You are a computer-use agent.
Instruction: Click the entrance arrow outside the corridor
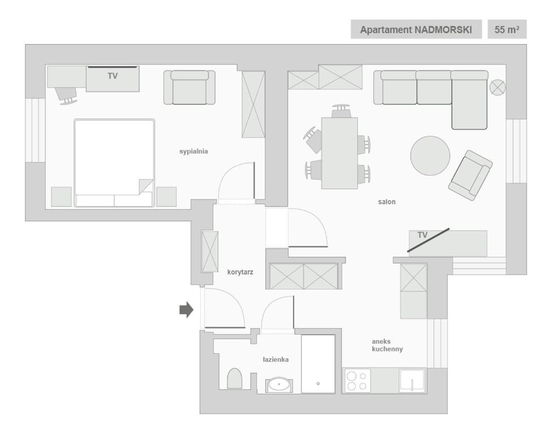[187, 310]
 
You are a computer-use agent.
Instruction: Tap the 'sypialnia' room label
[193, 151]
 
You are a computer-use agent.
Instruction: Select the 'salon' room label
[386, 202]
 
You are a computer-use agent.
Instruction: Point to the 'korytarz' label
[240, 272]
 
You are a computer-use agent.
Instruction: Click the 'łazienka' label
[275, 359]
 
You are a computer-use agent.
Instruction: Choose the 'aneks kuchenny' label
[387, 345]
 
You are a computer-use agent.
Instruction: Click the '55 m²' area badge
[507, 29]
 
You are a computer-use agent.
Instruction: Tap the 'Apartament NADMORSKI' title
[416, 29]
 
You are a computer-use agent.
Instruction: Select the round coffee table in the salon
[430, 155]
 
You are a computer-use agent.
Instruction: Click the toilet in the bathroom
[235, 379]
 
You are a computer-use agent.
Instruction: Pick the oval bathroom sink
[279, 385]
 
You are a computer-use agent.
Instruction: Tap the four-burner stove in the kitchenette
[357, 381]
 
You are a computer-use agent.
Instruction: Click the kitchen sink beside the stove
[412, 381]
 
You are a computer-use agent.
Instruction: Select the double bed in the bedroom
[114, 163]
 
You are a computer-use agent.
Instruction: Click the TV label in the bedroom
[113, 76]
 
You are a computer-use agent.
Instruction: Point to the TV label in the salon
[422, 235]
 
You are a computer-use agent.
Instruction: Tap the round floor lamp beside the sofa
[498, 87]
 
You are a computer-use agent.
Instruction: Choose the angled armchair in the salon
[471, 175]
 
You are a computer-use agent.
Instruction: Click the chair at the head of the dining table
[340, 111]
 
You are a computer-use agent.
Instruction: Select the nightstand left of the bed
[61, 197]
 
